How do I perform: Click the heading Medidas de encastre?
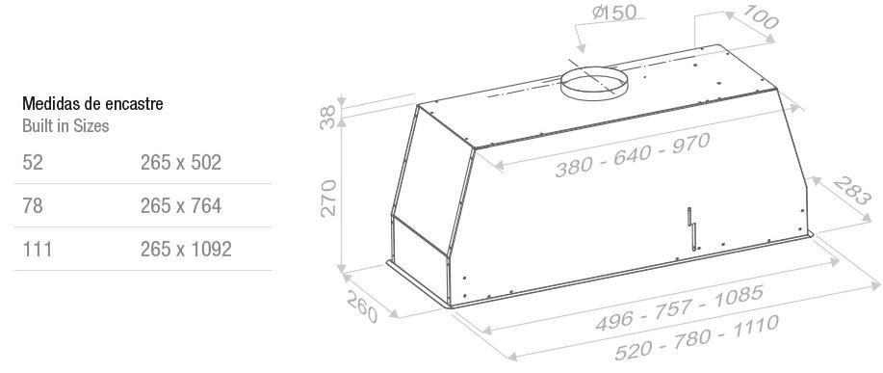pyautogui.click(x=92, y=104)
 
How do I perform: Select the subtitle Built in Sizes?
pyautogui.click(x=65, y=125)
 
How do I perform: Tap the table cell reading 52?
pyautogui.click(x=33, y=162)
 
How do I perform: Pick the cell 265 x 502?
pyautogui.click(x=181, y=162)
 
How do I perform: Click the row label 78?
pyautogui.click(x=33, y=205)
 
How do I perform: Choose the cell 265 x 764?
pyautogui.click(x=181, y=205)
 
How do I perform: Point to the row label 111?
pyautogui.click(x=38, y=249)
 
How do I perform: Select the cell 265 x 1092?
pyautogui.click(x=186, y=249)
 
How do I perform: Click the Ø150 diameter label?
pyautogui.click(x=614, y=13)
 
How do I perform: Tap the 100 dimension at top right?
pyautogui.click(x=761, y=17)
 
